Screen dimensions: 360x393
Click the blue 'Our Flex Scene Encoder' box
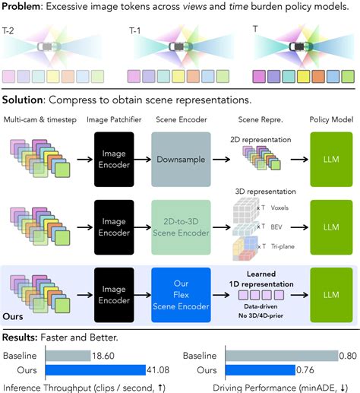(181, 295)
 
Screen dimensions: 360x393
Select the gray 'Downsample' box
(181, 160)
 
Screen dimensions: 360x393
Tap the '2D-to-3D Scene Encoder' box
(181, 227)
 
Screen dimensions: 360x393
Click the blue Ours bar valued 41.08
(96, 370)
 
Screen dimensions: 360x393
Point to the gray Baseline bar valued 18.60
(68, 356)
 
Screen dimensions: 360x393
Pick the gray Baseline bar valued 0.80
(282, 356)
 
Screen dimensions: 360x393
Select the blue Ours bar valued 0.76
(261, 370)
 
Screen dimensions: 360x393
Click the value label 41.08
(158, 370)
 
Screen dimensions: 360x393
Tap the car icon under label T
(301, 46)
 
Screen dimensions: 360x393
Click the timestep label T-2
(8, 31)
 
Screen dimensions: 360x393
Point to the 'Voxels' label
(279, 208)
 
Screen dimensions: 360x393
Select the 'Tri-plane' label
(283, 246)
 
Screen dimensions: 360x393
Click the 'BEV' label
(276, 227)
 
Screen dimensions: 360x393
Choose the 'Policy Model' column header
(331, 119)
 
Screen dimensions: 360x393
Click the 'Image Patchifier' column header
(114, 119)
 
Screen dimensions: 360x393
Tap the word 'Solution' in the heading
(22, 100)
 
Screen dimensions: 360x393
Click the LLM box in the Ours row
(331, 295)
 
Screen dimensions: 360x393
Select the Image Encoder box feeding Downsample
(114, 160)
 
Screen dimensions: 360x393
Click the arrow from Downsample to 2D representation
(221, 160)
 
